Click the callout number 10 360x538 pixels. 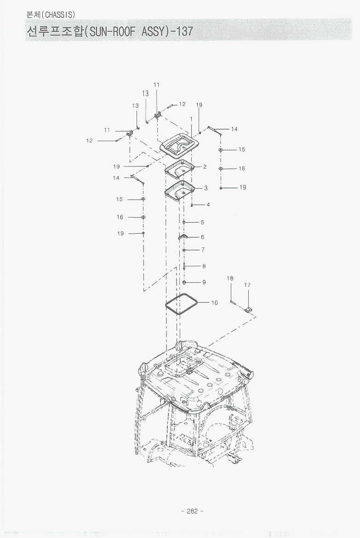tap(215, 303)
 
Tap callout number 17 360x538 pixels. tap(247, 285)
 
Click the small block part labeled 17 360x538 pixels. tap(248, 310)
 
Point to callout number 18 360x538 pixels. tap(230, 278)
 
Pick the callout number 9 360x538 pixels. tap(204, 282)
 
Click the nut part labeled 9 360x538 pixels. tap(184, 282)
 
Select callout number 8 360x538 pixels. tap(204, 266)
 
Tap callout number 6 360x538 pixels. tap(202, 237)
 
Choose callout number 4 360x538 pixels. tap(208, 205)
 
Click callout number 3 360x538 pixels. tap(206, 188)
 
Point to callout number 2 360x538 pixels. tap(205, 167)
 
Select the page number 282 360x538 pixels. tap(192, 511)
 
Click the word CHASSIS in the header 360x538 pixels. tap(59, 15)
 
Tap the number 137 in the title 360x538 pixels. tap(185, 31)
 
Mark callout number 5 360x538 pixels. tap(202, 223)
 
